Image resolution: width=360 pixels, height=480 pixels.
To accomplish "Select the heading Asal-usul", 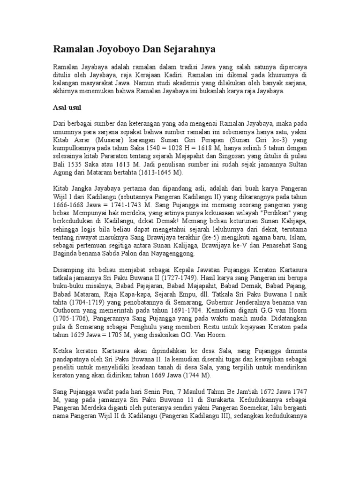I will tap(67, 107).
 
